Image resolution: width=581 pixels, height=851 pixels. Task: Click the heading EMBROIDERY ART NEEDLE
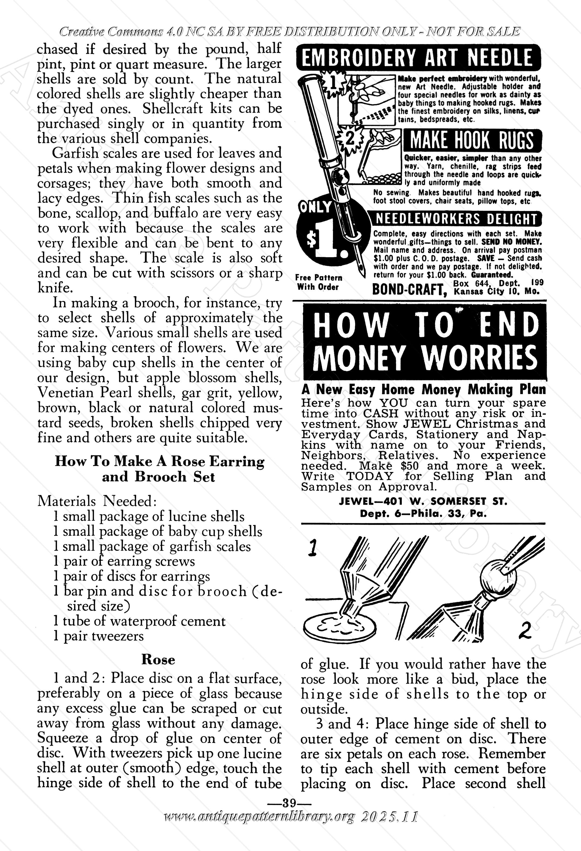(418, 58)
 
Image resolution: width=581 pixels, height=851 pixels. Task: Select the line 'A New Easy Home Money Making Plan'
(423, 389)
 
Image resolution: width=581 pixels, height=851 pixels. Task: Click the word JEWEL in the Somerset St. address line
(355, 501)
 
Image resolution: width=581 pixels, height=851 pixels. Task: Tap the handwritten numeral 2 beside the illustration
(525, 631)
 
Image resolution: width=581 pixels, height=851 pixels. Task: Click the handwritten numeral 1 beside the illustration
(312, 548)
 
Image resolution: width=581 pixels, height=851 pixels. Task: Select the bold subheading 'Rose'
(158, 659)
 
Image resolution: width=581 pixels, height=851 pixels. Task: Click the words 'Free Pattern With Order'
(318, 282)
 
